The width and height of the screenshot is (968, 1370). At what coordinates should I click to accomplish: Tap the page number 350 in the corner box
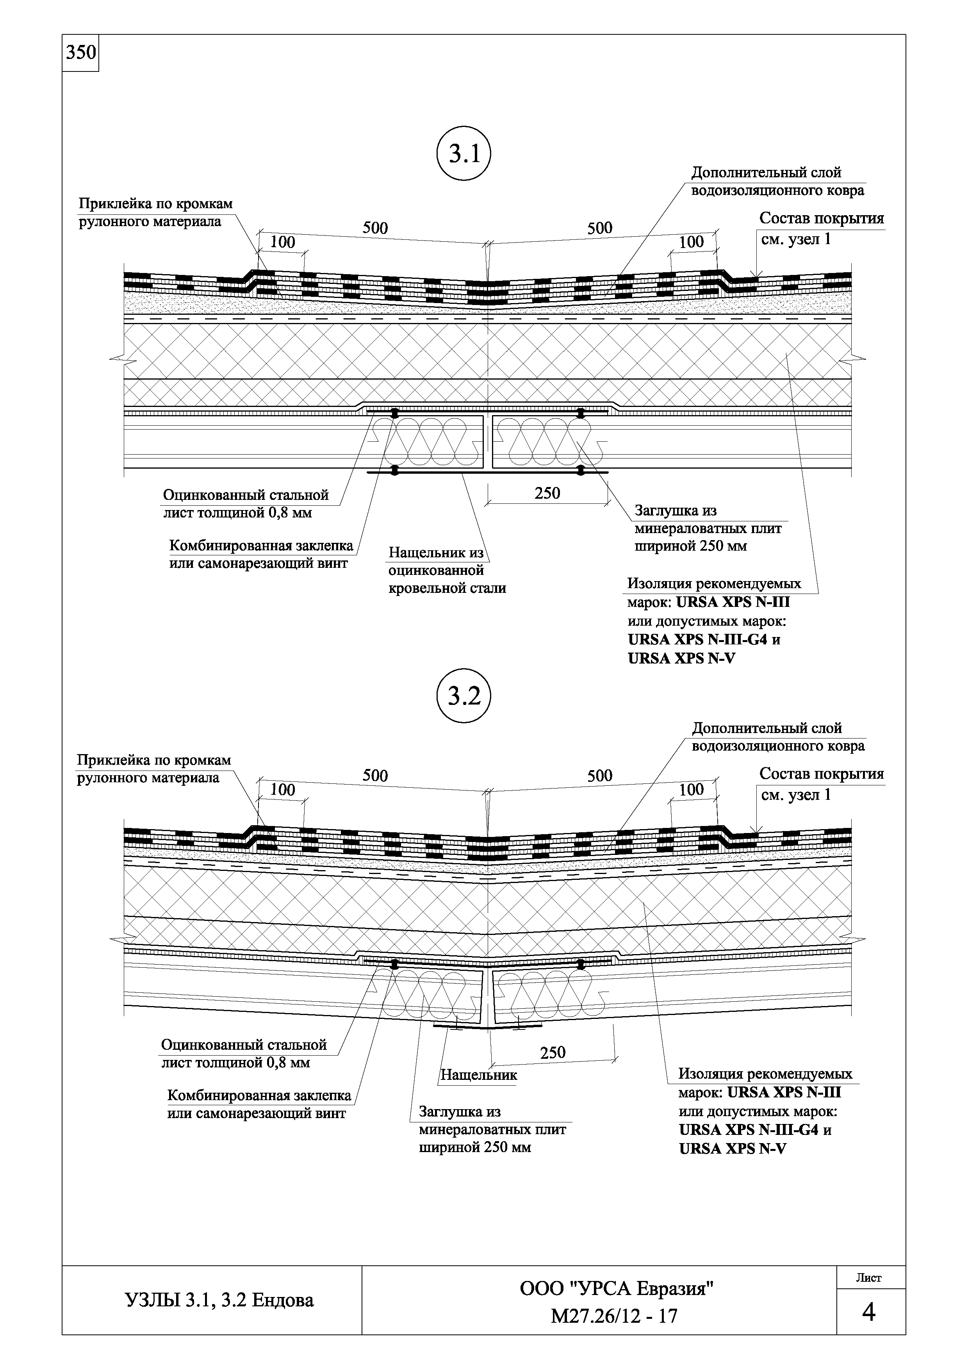tap(80, 53)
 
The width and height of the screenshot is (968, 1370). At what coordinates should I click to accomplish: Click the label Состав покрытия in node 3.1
tap(821, 218)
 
